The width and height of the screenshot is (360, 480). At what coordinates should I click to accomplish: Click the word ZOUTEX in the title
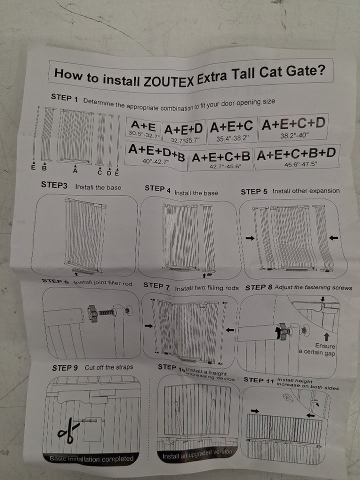168,81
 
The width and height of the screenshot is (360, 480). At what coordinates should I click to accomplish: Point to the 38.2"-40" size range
294,135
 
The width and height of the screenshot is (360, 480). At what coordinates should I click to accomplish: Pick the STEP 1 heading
64,98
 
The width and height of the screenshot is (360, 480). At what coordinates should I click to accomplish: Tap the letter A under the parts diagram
75,170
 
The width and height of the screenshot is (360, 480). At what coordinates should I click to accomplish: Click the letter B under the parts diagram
44,168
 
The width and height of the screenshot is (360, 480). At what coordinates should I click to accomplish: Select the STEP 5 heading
254,191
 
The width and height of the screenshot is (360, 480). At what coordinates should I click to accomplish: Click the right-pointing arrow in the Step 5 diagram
250,238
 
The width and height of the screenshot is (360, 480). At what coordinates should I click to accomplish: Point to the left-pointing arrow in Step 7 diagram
229,329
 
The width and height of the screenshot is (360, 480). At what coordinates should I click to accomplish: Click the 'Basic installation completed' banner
91,459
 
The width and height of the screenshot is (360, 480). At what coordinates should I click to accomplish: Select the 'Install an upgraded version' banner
197,454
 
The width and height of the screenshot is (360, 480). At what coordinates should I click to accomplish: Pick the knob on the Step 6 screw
92,313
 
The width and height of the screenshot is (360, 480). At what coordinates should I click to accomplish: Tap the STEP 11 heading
258,380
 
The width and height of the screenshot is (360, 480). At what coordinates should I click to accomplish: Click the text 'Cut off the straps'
109,367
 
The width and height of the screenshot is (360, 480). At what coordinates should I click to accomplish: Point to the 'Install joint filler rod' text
103,283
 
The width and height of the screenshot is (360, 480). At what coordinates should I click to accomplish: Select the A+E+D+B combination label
156,151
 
